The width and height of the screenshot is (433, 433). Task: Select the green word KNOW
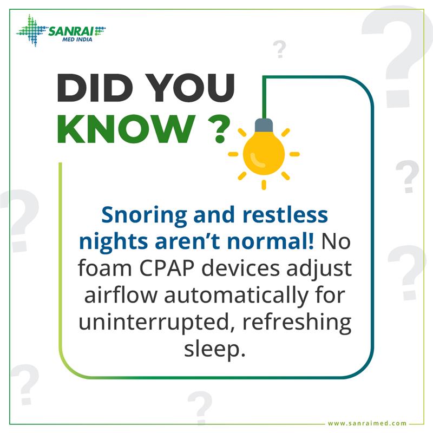(124, 128)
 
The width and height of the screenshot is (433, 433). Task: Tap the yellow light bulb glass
(264, 152)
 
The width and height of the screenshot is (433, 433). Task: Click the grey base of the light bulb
(264, 126)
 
